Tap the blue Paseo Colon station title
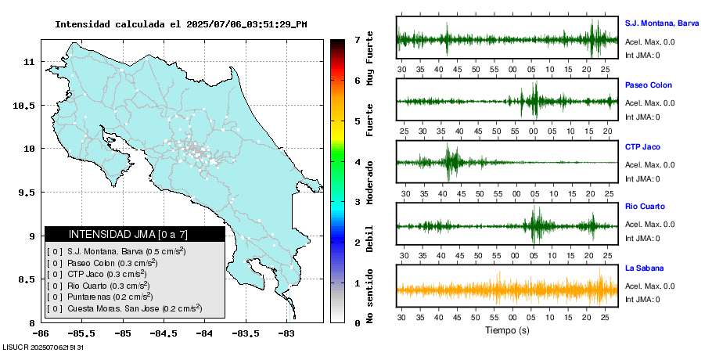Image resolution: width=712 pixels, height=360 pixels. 648,85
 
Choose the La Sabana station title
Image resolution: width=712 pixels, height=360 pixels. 643,268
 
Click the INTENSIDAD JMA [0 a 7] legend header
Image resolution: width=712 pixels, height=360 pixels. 135,234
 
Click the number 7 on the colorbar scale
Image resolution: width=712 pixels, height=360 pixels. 357,39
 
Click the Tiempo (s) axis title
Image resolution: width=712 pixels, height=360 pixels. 507,330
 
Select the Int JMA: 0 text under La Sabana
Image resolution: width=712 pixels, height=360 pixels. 642,299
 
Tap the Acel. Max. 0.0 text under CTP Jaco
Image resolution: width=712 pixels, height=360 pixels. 649,164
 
